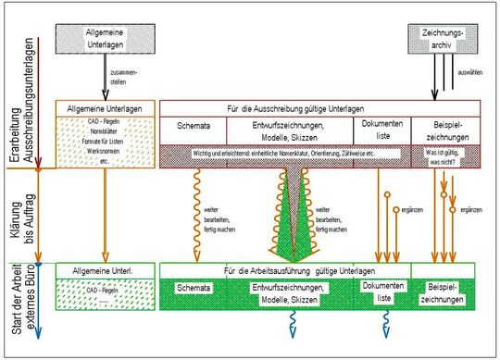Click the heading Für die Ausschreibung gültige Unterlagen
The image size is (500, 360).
[x=320, y=107]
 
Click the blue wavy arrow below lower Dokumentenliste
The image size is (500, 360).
[x=381, y=324]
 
